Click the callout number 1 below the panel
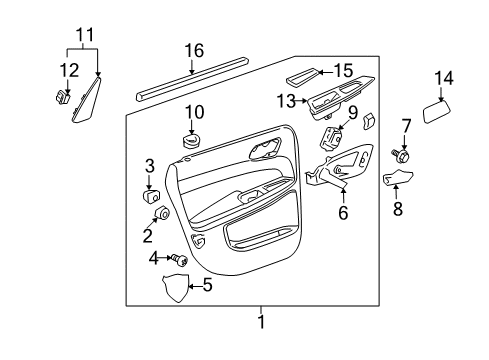pos(261,322)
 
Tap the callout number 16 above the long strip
pos(192,51)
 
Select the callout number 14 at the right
pos(443,77)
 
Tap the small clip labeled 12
pos(60,98)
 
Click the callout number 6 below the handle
pos(344,212)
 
